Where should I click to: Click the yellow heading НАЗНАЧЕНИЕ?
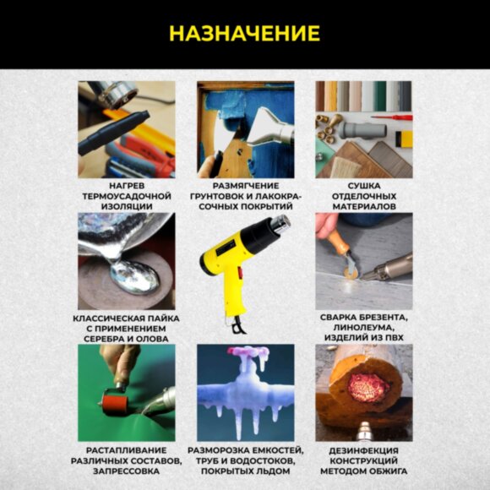(244, 34)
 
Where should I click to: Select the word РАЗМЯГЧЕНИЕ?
(246, 183)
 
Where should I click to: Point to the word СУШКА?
(363, 183)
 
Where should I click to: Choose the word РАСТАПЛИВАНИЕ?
(126, 449)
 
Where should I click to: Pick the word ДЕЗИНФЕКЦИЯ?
(363, 449)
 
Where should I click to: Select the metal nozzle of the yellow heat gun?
(280, 225)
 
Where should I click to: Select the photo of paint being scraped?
(246, 128)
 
